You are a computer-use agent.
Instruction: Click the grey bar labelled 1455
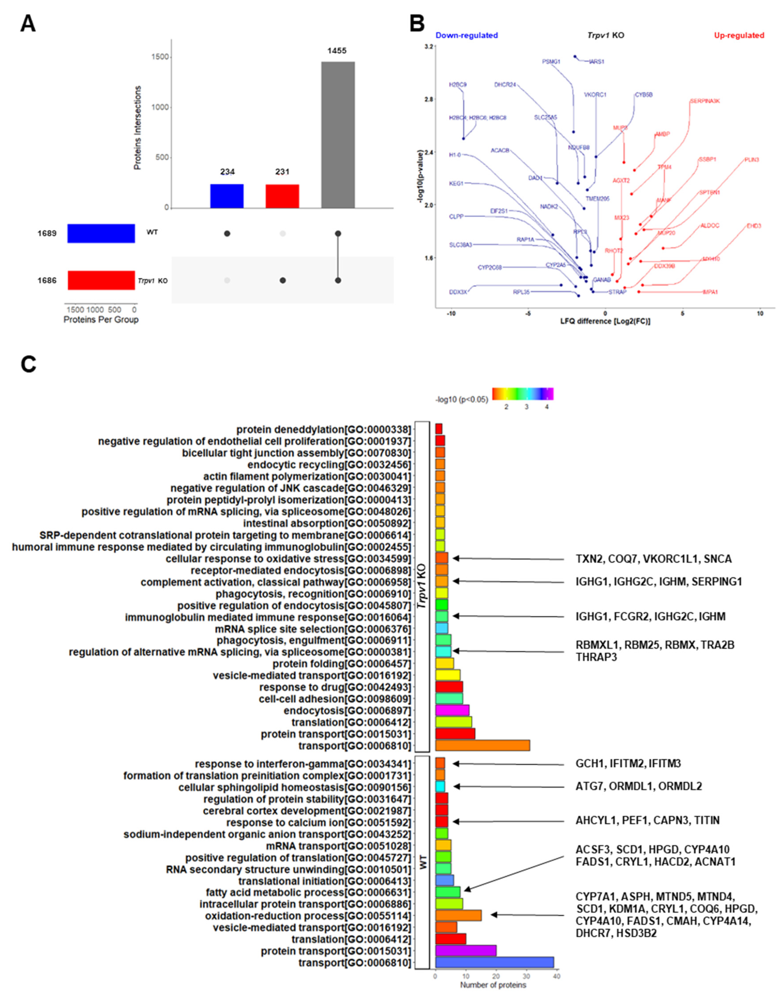338,135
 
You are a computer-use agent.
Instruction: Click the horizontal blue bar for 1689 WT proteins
101,233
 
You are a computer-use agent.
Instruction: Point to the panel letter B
417,23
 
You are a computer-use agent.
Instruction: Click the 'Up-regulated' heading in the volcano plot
739,35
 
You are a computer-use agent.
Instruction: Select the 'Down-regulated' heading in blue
467,35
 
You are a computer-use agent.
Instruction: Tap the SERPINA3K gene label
708,101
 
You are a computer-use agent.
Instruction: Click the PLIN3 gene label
751,160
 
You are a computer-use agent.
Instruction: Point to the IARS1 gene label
597,61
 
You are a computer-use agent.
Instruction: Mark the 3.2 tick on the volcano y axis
429,47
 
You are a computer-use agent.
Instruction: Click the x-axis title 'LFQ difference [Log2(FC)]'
605,321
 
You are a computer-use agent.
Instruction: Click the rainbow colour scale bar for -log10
522,393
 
